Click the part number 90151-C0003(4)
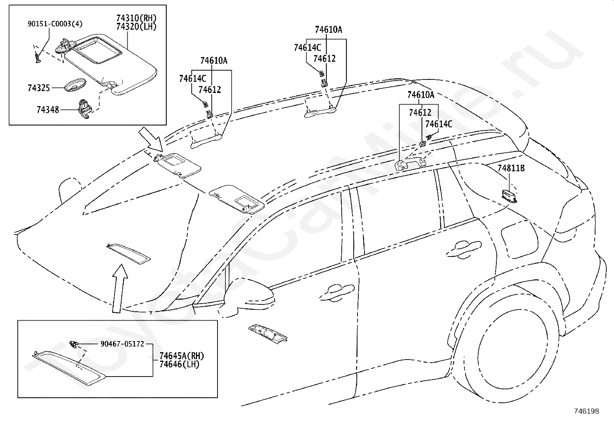[x=55, y=24]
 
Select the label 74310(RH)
[x=136, y=18]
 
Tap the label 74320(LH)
[x=136, y=27]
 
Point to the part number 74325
[x=39, y=88]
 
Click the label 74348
[x=48, y=110]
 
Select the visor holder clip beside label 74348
[x=84, y=109]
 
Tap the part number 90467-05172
[x=122, y=344]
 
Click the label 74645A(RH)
[x=182, y=356]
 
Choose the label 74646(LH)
[x=179, y=364]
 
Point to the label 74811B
[x=511, y=168]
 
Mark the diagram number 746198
[x=587, y=411]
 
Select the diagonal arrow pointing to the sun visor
[x=150, y=141]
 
